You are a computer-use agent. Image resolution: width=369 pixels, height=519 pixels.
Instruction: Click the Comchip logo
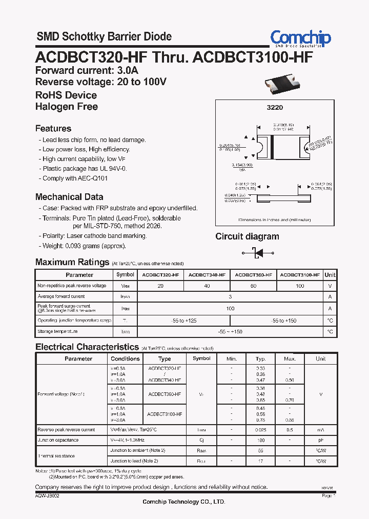[x=300, y=38]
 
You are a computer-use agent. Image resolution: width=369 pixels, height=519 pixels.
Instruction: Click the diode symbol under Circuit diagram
[x=257, y=253]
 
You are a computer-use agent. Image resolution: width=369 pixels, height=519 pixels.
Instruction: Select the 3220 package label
[x=275, y=108]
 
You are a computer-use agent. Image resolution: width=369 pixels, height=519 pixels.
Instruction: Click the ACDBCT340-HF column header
[x=207, y=275]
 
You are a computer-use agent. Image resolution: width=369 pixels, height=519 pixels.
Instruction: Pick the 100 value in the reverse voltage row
[x=300, y=286]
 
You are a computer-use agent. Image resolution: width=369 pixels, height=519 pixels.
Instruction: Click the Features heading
[x=53, y=129]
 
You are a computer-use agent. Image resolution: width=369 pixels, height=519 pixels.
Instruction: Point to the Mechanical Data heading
[x=69, y=197]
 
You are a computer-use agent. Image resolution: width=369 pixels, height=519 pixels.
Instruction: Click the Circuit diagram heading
[x=247, y=236]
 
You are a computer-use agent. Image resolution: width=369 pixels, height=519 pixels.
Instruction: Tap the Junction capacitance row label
[x=58, y=440]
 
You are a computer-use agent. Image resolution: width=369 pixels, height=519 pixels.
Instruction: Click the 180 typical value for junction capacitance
[x=260, y=440]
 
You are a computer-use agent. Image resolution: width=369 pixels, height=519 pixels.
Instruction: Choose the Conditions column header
[x=125, y=358]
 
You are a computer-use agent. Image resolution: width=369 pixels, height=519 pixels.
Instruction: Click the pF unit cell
[x=320, y=440]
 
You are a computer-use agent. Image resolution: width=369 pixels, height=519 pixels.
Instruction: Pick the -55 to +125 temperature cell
[x=183, y=321]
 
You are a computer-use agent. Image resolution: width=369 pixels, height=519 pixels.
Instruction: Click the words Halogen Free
[x=67, y=107]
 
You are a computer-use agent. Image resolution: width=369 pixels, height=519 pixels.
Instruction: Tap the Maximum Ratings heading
[x=72, y=262]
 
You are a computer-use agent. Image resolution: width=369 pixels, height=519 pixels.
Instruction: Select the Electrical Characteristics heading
[x=87, y=347]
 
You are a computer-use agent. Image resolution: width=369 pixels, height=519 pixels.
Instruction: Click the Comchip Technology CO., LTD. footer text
[x=183, y=502]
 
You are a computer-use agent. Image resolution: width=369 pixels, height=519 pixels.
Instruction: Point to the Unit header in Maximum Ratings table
[x=330, y=275]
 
